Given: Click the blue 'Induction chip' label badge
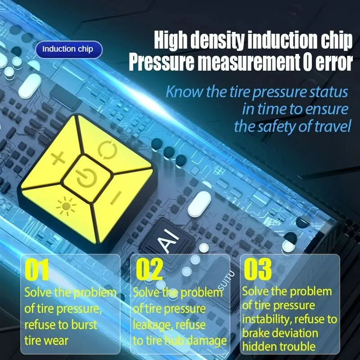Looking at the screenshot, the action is click(69, 49).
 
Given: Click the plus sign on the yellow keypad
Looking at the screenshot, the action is click(58, 158).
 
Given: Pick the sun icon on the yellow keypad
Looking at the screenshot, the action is click(66, 206).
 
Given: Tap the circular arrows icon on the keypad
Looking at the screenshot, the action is click(107, 150).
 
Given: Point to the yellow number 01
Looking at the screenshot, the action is click(37, 270).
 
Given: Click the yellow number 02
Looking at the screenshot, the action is click(149, 269).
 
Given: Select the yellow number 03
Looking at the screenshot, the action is click(257, 269).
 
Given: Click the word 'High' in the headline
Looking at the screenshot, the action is click(171, 40).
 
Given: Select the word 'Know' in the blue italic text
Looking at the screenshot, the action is click(184, 91).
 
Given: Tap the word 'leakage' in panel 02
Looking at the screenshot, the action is click(153, 325).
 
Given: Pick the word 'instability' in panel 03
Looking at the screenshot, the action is click(267, 319).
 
